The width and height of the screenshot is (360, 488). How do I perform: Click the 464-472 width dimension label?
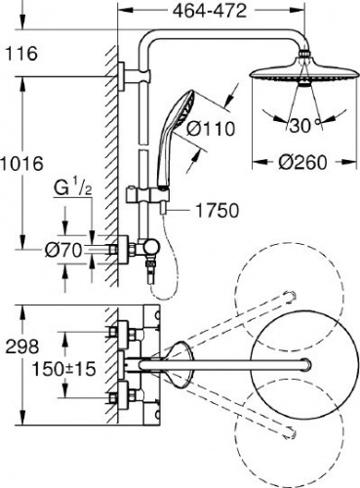[x=210, y=12]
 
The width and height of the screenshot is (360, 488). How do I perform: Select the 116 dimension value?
[x=21, y=54]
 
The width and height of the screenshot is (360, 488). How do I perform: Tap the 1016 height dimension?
[x=21, y=163]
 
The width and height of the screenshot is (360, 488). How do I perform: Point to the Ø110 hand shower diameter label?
[x=211, y=129]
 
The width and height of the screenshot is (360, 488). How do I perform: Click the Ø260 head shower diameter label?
[x=302, y=162]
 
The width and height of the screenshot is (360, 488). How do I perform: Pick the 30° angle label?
[x=305, y=125]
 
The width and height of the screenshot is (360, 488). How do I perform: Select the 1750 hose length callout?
[x=217, y=211]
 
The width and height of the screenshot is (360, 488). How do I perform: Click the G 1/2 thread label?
[x=72, y=189]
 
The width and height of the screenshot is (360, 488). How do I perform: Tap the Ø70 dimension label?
[x=63, y=250]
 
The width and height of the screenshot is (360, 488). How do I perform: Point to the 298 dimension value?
[x=22, y=346]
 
